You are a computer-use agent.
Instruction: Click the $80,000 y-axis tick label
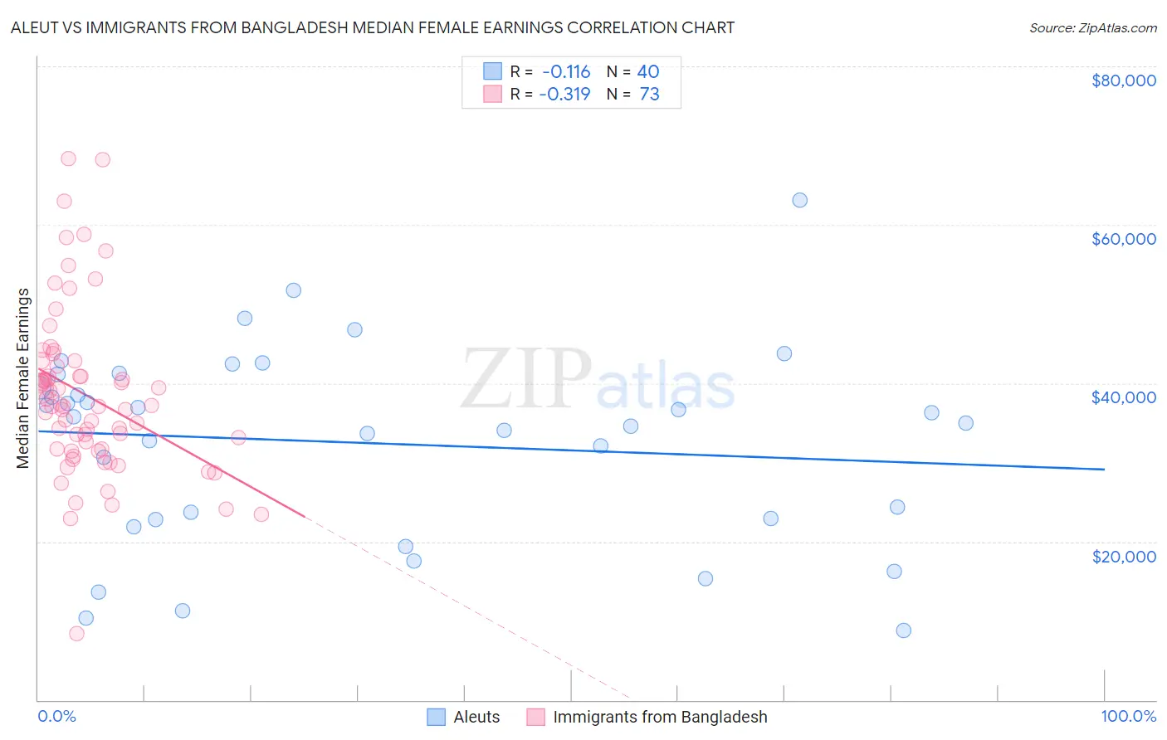click(1123, 80)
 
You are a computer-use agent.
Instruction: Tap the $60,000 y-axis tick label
click(1123, 239)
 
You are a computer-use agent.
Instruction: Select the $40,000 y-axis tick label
click(1123, 397)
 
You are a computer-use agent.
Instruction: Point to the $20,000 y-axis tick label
click(1123, 556)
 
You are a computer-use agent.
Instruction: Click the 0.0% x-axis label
click(56, 717)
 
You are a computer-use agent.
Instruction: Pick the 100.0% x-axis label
click(1128, 717)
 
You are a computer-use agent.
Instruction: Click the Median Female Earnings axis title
click(23, 378)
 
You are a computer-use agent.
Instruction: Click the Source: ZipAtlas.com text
click(1092, 28)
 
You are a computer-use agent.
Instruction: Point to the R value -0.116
click(565, 72)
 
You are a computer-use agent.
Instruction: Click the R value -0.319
click(564, 95)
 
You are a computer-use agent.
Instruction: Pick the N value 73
click(649, 95)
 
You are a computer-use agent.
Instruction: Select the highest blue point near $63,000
click(799, 200)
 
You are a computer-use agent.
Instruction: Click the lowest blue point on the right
click(903, 630)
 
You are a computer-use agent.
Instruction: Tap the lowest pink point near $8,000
click(76, 634)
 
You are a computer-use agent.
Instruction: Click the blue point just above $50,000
click(293, 290)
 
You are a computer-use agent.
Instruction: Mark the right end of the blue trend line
click(1103, 470)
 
